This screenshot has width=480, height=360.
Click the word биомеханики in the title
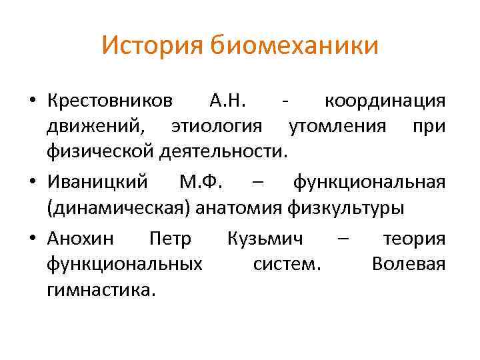click(x=293, y=46)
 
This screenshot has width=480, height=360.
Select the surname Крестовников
click(x=110, y=101)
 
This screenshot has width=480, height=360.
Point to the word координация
click(x=384, y=101)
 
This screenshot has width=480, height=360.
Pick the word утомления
click(x=335, y=126)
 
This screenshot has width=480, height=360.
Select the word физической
click(x=101, y=151)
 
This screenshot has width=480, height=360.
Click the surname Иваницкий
click(x=102, y=181)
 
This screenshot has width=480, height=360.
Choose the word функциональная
click(x=369, y=181)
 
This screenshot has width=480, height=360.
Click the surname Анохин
click(x=81, y=238)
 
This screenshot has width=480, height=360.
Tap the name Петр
click(x=171, y=238)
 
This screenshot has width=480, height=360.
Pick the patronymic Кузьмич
click(x=265, y=238)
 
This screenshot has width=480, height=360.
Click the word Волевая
click(x=408, y=263)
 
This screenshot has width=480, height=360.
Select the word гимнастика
click(x=101, y=289)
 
